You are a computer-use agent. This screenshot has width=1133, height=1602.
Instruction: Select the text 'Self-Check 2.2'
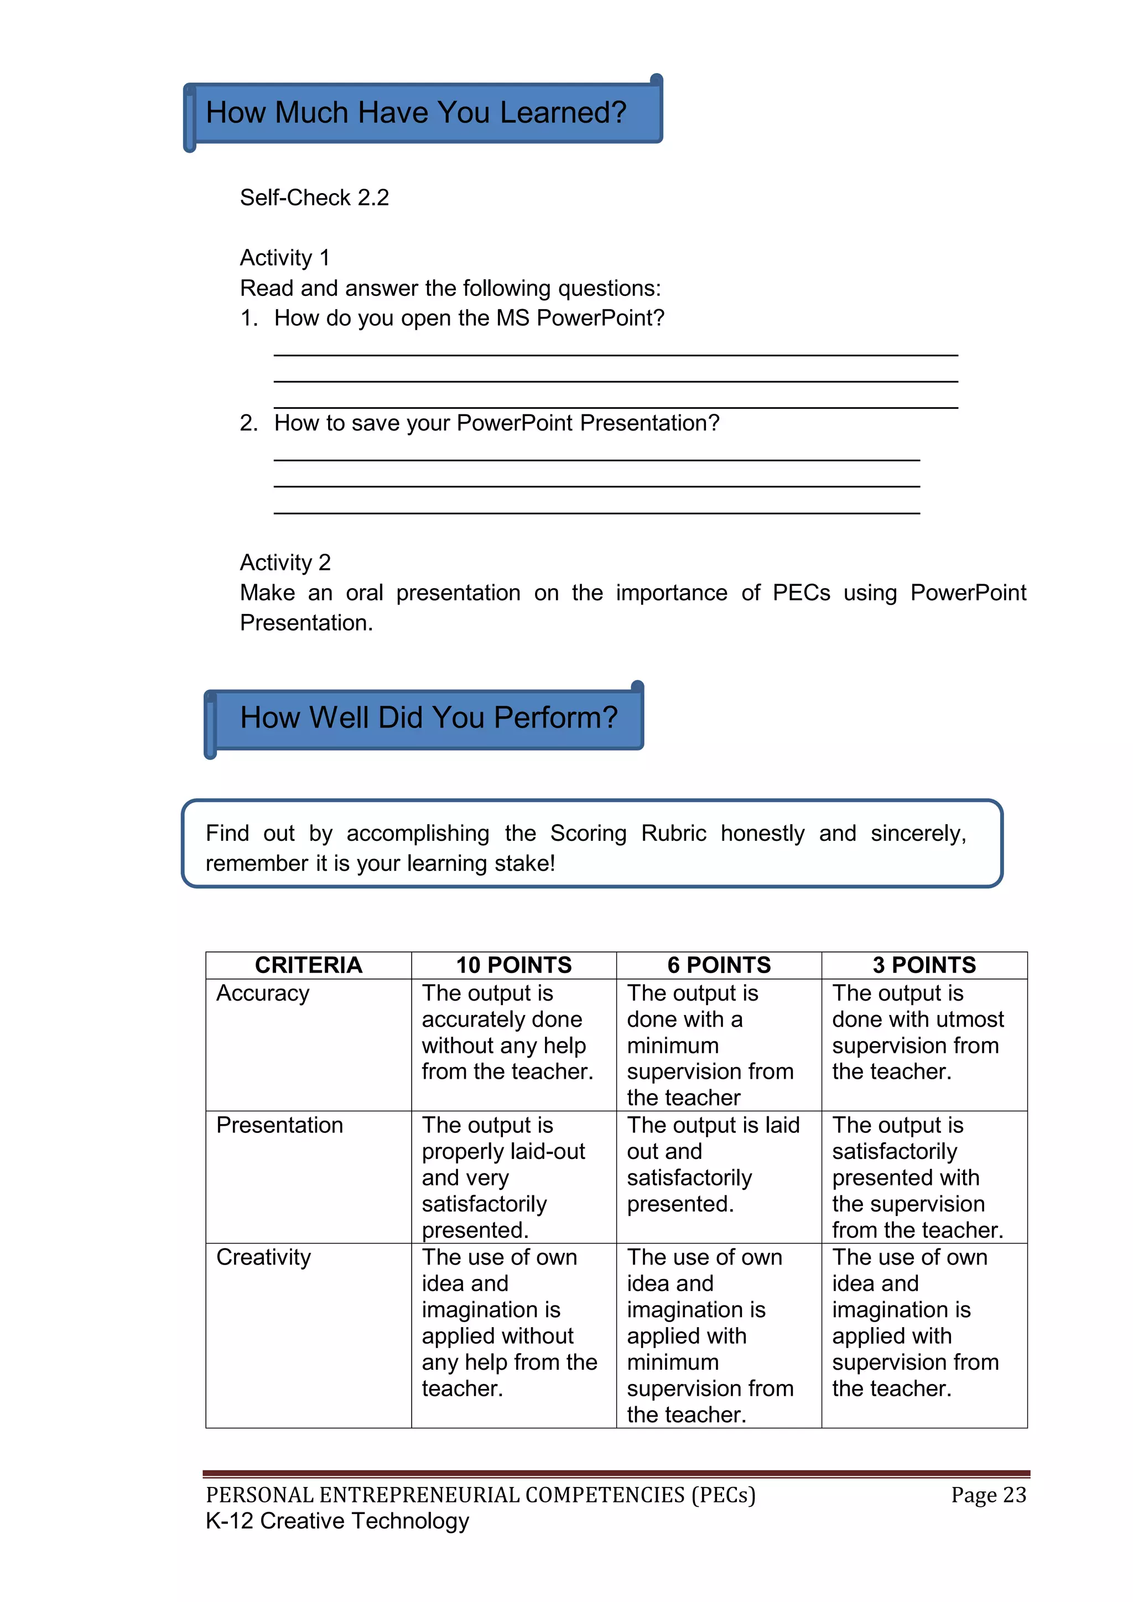point(314,198)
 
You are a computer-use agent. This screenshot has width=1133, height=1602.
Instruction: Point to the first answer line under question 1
point(615,355)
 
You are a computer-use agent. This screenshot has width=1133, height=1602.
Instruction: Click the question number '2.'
point(248,423)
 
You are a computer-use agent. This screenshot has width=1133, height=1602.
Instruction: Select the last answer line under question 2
point(596,513)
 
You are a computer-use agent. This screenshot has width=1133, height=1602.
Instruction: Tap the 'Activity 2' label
point(285,563)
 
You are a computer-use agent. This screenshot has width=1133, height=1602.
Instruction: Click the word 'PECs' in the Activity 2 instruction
point(801,593)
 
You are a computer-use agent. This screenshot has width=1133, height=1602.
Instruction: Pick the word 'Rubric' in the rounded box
point(673,834)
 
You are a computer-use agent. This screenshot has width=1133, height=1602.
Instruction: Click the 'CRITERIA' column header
point(308,965)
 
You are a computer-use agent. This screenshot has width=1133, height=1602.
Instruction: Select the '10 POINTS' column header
point(513,965)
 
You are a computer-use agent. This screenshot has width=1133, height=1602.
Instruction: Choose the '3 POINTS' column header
point(924,965)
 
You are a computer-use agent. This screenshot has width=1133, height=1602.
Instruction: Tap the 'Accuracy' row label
point(262,993)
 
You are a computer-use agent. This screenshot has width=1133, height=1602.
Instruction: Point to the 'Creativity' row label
point(263,1257)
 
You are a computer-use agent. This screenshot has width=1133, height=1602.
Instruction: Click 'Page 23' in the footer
point(988,1495)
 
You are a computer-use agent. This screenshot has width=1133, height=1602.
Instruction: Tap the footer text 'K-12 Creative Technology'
point(337,1521)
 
